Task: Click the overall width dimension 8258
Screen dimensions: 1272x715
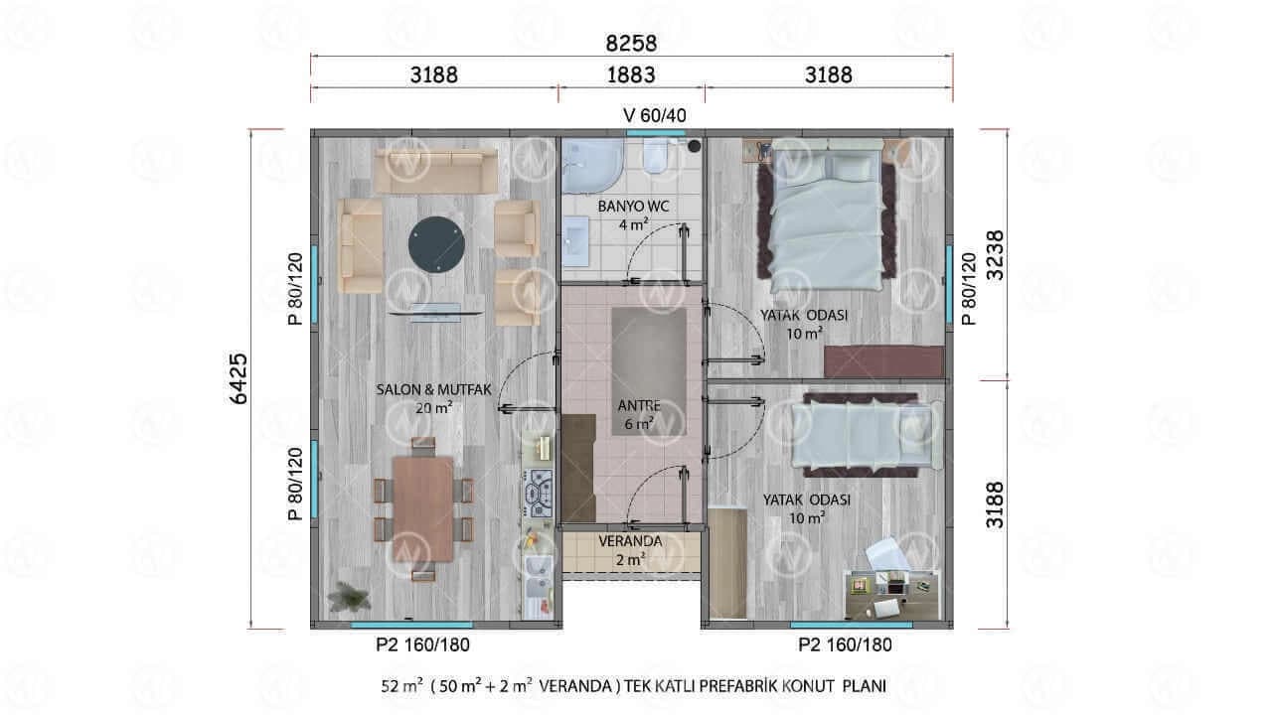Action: click(x=631, y=44)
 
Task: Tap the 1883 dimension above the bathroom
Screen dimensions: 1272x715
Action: click(x=631, y=74)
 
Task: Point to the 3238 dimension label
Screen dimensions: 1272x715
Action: click(x=995, y=255)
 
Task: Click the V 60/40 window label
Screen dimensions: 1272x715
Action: click(x=654, y=116)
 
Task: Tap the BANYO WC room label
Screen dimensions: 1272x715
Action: click(x=633, y=207)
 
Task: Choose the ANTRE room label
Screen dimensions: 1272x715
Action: click(x=639, y=406)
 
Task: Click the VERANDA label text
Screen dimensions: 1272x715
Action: click(x=630, y=541)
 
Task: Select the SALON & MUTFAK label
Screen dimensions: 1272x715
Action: click(x=433, y=390)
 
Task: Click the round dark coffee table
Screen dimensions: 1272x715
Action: click(x=436, y=245)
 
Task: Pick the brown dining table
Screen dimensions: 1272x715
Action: click(x=423, y=508)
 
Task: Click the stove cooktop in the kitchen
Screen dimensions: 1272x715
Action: click(x=539, y=494)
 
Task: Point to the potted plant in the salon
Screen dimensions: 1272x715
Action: click(x=349, y=597)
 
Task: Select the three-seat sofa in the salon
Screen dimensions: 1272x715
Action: click(x=435, y=171)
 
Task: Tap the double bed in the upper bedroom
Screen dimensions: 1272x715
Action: click(x=828, y=215)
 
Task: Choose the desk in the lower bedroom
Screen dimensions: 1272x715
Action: click(x=891, y=595)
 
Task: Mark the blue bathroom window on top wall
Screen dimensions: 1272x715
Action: click(x=655, y=133)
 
